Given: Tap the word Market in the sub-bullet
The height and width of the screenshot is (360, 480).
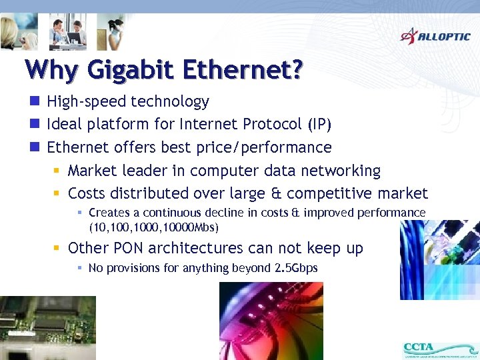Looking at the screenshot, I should [94, 171].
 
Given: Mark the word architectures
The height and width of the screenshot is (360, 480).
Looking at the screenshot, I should [207, 248].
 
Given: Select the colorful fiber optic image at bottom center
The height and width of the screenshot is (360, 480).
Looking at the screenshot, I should [271, 321].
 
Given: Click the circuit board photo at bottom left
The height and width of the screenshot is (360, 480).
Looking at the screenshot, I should [47, 327].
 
